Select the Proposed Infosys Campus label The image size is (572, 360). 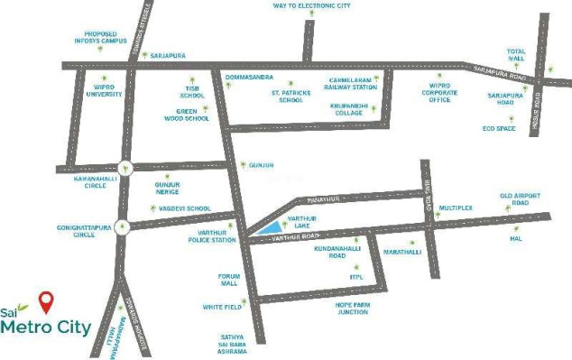coord(100,39)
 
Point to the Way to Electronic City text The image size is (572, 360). coord(311,5)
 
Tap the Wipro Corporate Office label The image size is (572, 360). coord(440,94)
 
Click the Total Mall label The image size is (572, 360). coord(515,55)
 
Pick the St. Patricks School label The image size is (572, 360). coord(291,96)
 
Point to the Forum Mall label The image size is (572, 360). coord(226,280)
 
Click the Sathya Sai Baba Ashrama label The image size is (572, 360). coord(233,344)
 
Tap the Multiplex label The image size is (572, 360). coord(456,208)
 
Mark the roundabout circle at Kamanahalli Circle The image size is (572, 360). coord(126,167)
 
